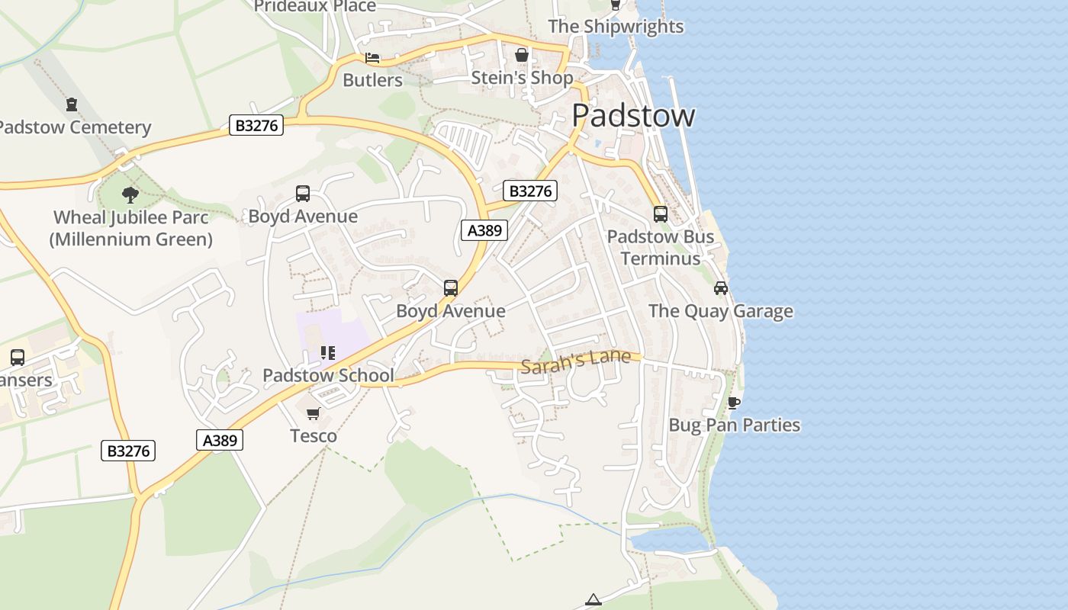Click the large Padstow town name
pos(632,116)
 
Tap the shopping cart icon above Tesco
pos(313,414)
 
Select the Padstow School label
pos(328,375)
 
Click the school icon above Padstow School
pos(328,353)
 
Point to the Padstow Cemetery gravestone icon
pos(72,104)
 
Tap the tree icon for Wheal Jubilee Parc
pos(130,194)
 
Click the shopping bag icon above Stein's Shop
pos(522,55)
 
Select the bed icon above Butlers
pos(372,58)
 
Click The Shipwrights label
pos(616,27)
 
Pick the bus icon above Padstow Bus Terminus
pos(661,214)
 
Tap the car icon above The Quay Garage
pos(721,288)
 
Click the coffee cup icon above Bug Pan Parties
pos(734,403)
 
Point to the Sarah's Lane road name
pos(576,361)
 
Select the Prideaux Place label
pos(315,7)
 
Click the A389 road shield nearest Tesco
pos(220,440)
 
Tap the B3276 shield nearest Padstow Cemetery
pos(256,126)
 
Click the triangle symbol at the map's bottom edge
pos(594,600)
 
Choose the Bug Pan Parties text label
pos(734,425)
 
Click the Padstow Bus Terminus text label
pos(661,248)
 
